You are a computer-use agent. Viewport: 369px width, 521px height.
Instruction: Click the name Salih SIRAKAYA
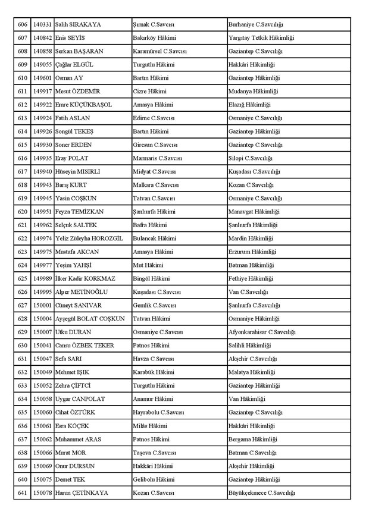(x=78, y=24)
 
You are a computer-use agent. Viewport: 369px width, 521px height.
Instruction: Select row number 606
(x=23, y=24)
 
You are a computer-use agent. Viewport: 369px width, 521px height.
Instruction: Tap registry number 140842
(x=42, y=38)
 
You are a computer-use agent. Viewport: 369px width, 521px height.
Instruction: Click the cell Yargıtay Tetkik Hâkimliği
(x=261, y=38)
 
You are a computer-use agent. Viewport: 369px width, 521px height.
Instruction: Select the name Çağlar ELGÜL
(x=74, y=64)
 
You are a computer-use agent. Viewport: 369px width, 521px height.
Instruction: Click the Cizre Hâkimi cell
(x=150, y=91)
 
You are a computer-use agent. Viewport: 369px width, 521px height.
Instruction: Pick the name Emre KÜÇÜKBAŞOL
(x=83, y=105)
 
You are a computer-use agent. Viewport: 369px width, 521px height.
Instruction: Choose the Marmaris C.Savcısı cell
(x=157, y=158)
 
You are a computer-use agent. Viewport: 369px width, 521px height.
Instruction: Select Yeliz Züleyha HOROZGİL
(x=89, y=238)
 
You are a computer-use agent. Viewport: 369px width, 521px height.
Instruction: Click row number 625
(x=23, y=278)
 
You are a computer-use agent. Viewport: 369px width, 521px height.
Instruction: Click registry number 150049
(x=42, y=372)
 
